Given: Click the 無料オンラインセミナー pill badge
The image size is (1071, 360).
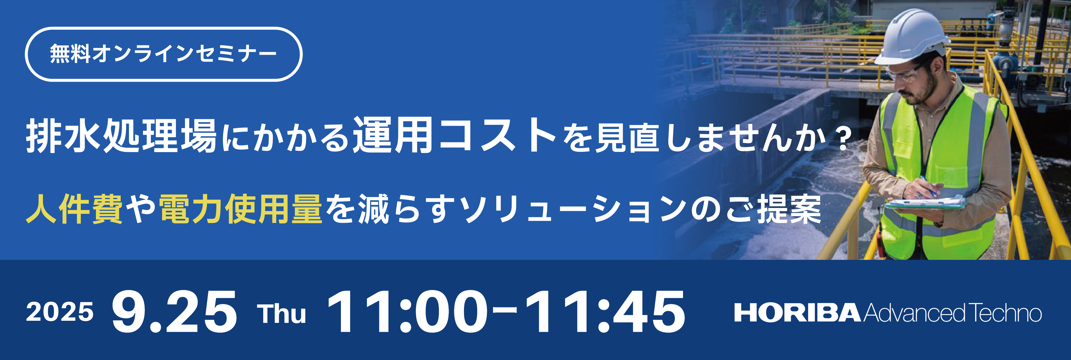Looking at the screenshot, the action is [x=163, y=54].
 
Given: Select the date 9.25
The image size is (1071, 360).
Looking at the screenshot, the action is [x=174, y=312].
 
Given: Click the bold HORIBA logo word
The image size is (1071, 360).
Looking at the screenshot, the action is [x=797, y=313].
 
